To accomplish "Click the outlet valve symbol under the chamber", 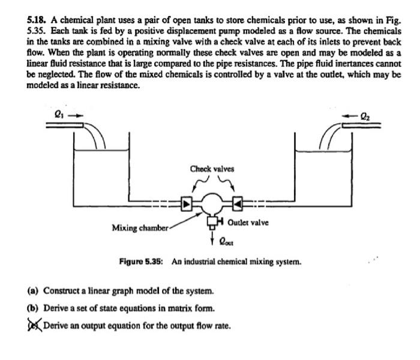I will tap(212, 223).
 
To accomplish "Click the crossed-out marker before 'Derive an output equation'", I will tap(34, 326).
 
